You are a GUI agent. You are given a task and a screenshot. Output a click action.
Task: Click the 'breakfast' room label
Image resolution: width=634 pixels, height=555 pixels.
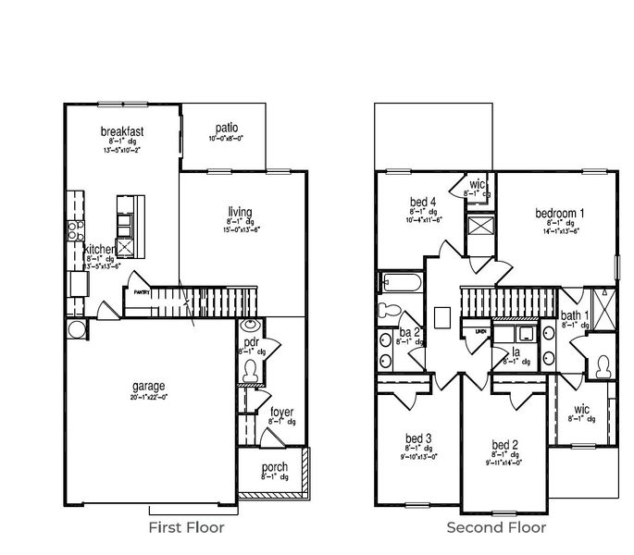pyautogui.click(x=122, y=132)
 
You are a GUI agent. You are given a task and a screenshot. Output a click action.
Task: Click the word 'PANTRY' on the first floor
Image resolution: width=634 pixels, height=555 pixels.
pyautogui.click(x=140, y=291)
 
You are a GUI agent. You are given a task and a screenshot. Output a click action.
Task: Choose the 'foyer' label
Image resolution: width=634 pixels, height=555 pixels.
pyautogui.click(x=281, y=412)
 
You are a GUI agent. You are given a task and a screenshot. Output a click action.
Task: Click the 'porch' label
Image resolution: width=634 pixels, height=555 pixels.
pyautogui.click(x=274, y=467)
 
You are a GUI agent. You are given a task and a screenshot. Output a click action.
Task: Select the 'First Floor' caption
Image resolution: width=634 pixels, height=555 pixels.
pyautogui.click(x=186, y=528)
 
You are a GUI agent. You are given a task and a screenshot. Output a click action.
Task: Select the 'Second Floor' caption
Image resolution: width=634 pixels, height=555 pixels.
pyautogui.click(x=496, y=528)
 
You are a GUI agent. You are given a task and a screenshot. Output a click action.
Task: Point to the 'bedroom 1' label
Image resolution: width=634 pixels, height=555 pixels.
pyautogui.click(x=560, y=213)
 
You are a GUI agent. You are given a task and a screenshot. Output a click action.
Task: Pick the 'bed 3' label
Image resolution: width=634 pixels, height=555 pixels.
pyautogui.click(x=418, y=438)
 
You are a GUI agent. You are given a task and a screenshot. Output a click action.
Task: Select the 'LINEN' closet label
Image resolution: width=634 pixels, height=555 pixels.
pyautogui.click(x=480, y=330)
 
